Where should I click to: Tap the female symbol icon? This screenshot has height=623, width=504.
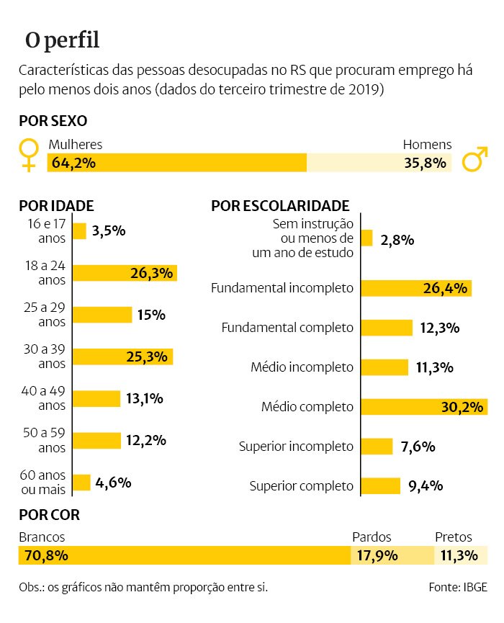[x=29, y=154]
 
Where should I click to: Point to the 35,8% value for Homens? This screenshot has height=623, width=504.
[x=425, y=163]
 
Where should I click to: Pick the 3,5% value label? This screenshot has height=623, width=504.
[x=109, y=231]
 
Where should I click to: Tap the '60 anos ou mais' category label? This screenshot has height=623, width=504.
[x=42, y=483]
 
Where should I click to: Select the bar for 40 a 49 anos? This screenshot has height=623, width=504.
[x=96, y=398]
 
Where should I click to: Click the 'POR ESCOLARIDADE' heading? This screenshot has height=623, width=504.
[x=280, y=206]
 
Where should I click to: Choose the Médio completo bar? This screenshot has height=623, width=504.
[x=424, y=408]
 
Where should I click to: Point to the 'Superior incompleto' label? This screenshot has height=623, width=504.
[x=296, y=447]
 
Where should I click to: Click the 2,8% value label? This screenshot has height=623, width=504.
[x=397, y=239]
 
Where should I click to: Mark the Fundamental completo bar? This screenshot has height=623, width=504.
[x=387, y=328]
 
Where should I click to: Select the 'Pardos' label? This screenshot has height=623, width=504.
[x=372, y=537]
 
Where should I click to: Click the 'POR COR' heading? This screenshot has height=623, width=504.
[x=50, y=516]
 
